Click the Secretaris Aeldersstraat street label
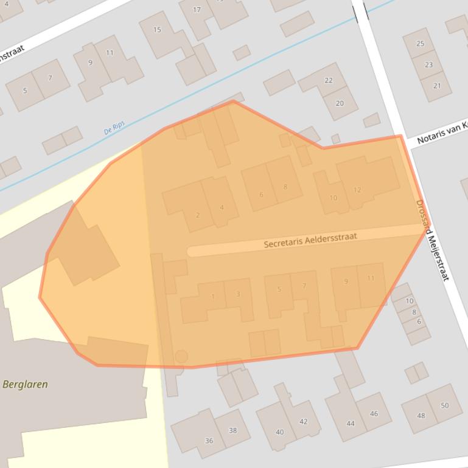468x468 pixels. click(x=310, y=241)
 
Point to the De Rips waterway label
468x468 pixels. click(x=114, y=128)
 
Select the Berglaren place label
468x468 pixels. click(x=25, y=384)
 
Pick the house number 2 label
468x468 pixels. click(x=197, y=215)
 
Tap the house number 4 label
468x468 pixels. click(x=222, y=207)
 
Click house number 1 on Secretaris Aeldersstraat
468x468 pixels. click(x=213, y=297)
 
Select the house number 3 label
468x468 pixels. click(x=238, y=294)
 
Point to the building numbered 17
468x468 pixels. click(x=197, y=10)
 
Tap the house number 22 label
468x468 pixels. click(x=329, y=80)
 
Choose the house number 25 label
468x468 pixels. click(x=421, y=44)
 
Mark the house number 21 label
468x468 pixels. click(x=437, y=86)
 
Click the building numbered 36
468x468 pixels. click(x=209, y=440)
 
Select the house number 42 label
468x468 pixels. click(x=303, y=421)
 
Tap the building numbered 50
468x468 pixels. click(x=444, y=405)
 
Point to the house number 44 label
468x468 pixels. click(x=350, y=423)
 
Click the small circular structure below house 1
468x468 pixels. click(x=181, y=356)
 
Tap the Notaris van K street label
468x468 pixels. click(x=441, y=133)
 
